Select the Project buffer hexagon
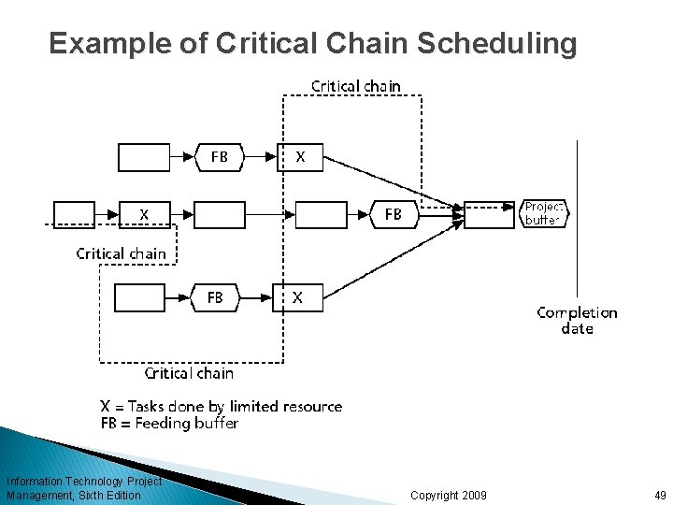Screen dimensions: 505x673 point(543,214)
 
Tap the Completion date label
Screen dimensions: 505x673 point(577,321)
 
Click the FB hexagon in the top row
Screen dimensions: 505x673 point(219,157)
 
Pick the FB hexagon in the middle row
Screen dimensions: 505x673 point(394,214)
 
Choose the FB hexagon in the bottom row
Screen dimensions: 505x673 point(215,297)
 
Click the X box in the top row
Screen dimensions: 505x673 point(299,157)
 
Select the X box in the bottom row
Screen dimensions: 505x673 point(296,297)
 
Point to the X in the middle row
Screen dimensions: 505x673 point(145,214)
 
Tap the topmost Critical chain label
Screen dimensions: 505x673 point(356,86)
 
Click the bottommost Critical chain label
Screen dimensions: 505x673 point(189,373)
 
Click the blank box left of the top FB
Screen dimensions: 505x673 point(145,157)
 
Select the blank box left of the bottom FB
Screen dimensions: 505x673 point(139,297)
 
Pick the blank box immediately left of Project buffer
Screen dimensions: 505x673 point(489,214)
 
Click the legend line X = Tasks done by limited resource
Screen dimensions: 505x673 point(221,406)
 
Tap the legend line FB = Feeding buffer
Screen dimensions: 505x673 point(169,423)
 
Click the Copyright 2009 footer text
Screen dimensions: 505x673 point(448,494)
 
